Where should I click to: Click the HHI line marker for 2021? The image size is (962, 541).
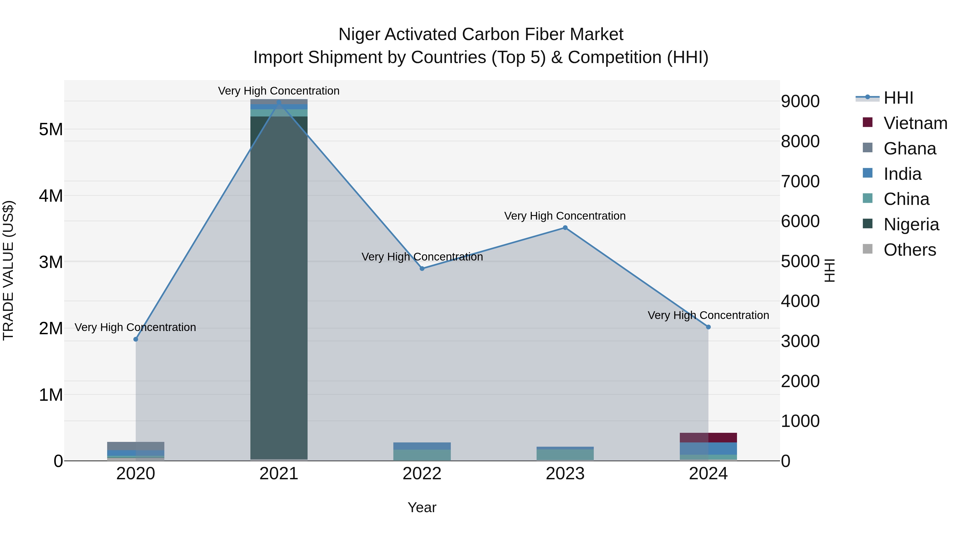279,102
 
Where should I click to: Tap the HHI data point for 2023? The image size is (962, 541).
565,228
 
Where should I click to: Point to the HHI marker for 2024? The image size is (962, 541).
708,327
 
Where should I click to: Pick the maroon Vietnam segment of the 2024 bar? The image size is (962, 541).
708,438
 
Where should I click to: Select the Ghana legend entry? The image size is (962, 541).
909,149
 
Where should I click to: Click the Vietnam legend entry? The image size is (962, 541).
915,123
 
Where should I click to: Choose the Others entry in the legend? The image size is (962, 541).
909,250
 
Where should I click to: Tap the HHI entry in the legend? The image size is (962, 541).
898,98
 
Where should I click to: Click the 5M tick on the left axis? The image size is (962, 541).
51,130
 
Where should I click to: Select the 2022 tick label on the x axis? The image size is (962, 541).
422,474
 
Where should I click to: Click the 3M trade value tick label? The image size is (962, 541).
51,262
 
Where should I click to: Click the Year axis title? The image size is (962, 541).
422,507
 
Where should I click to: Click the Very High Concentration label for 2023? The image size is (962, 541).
565,216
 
